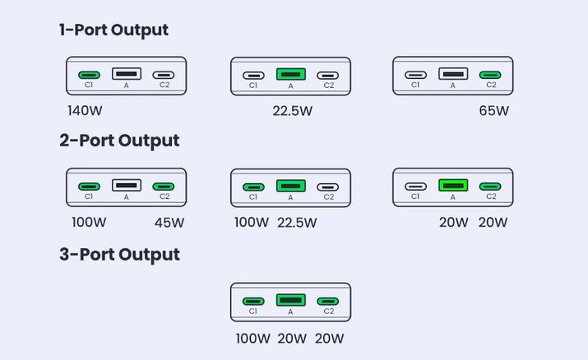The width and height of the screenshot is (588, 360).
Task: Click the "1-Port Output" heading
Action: pyautogui.click(x=113, y=30)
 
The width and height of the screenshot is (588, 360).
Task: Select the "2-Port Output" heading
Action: pyautogui.click(x=119, y=141)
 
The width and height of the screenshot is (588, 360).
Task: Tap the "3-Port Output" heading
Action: pyautogui.click(x=119, y=254)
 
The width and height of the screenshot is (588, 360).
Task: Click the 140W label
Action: pyautogui.click(x=85, y=109)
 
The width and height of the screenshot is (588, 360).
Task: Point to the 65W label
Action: pyautogui.click(x=493, y=110)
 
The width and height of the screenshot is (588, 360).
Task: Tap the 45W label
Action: pyautogui.click(x=169, y=222)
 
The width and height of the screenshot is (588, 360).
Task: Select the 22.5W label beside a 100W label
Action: pyautogui.click(x=297, y=222)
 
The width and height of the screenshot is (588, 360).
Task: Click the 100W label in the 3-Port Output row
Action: pyautogui.click(x=252, y=338)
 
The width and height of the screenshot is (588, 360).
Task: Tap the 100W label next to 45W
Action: pyautogui.click(x=88, y=222)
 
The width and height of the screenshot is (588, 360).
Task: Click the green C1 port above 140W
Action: pyautogui.click(x=89, y=75)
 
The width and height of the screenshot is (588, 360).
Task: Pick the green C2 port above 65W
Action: pyautogui.click(x=491, y=75)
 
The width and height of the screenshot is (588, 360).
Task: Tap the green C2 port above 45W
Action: pyautogui.click(x=164, y=187)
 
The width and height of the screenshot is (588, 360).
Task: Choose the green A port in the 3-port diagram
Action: pyautogui.click(x=290, y=300)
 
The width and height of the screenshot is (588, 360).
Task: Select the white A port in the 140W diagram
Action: pyautogui.click(x=127, y=74)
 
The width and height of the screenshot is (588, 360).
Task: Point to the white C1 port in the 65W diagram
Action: pyautogui.click(x=415, y=75)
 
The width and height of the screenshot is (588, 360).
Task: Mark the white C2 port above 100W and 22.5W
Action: pyautogui.click(x=328, y=187)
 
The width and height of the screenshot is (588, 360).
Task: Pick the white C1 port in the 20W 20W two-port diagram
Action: pyautogui.click(x=415, y=187)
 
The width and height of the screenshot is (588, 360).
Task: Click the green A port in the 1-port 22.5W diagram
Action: pyautogui.click(x=290, y=74)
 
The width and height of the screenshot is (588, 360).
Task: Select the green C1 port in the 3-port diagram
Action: pyautogui.click(x=253, y=301)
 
